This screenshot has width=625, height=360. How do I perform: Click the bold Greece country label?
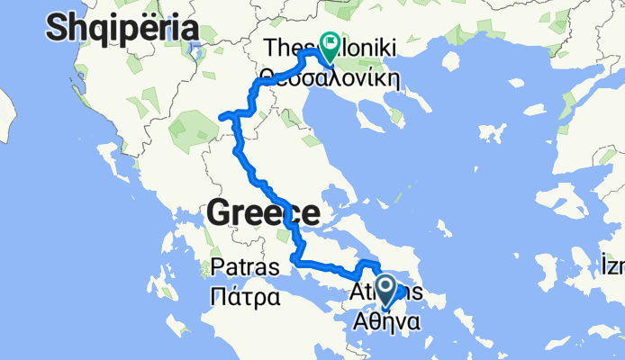(262, 213)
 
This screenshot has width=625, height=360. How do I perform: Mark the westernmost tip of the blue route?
(222, 114)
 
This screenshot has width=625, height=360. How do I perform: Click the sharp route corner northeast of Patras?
(294, 262)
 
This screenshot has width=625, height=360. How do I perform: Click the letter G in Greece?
(222, 213)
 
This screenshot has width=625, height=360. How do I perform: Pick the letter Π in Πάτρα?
(216, 294)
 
